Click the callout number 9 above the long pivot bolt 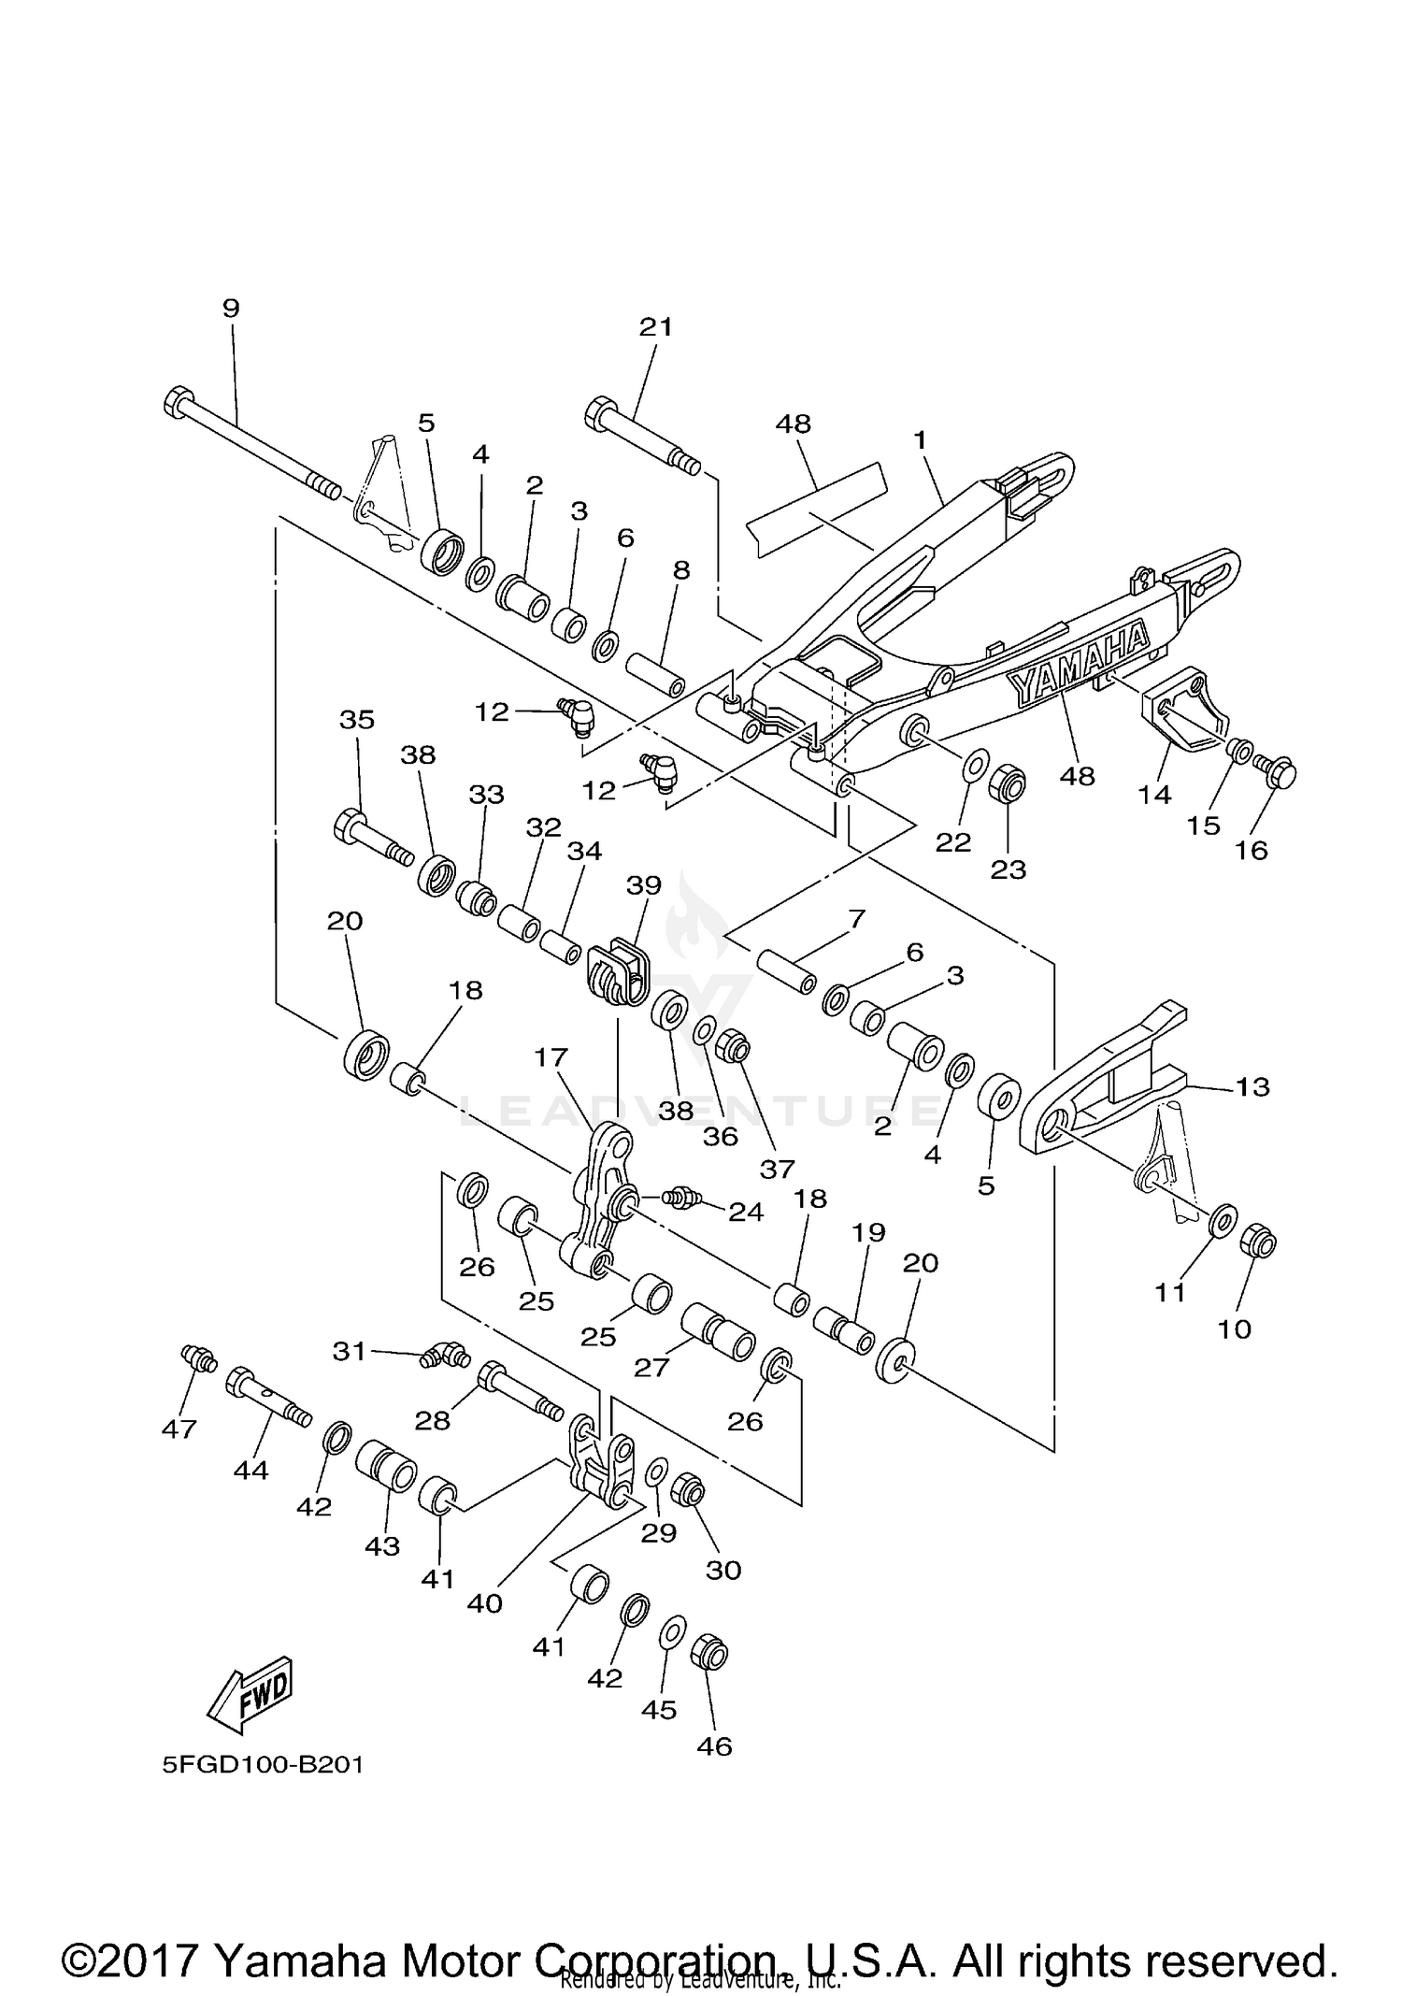231,308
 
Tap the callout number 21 656,326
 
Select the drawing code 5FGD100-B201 263,1765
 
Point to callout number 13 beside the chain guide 1252,1086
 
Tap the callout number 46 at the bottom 714,1745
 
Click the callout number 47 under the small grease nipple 179,1429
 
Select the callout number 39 644,884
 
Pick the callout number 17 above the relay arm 551,1057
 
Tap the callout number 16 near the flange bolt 1252,850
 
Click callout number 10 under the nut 1235,1328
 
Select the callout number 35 357,720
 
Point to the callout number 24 746,1213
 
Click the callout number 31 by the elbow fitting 350,1351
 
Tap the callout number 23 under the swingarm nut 1009,869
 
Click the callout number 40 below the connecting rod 485,1603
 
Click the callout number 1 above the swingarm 920,438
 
